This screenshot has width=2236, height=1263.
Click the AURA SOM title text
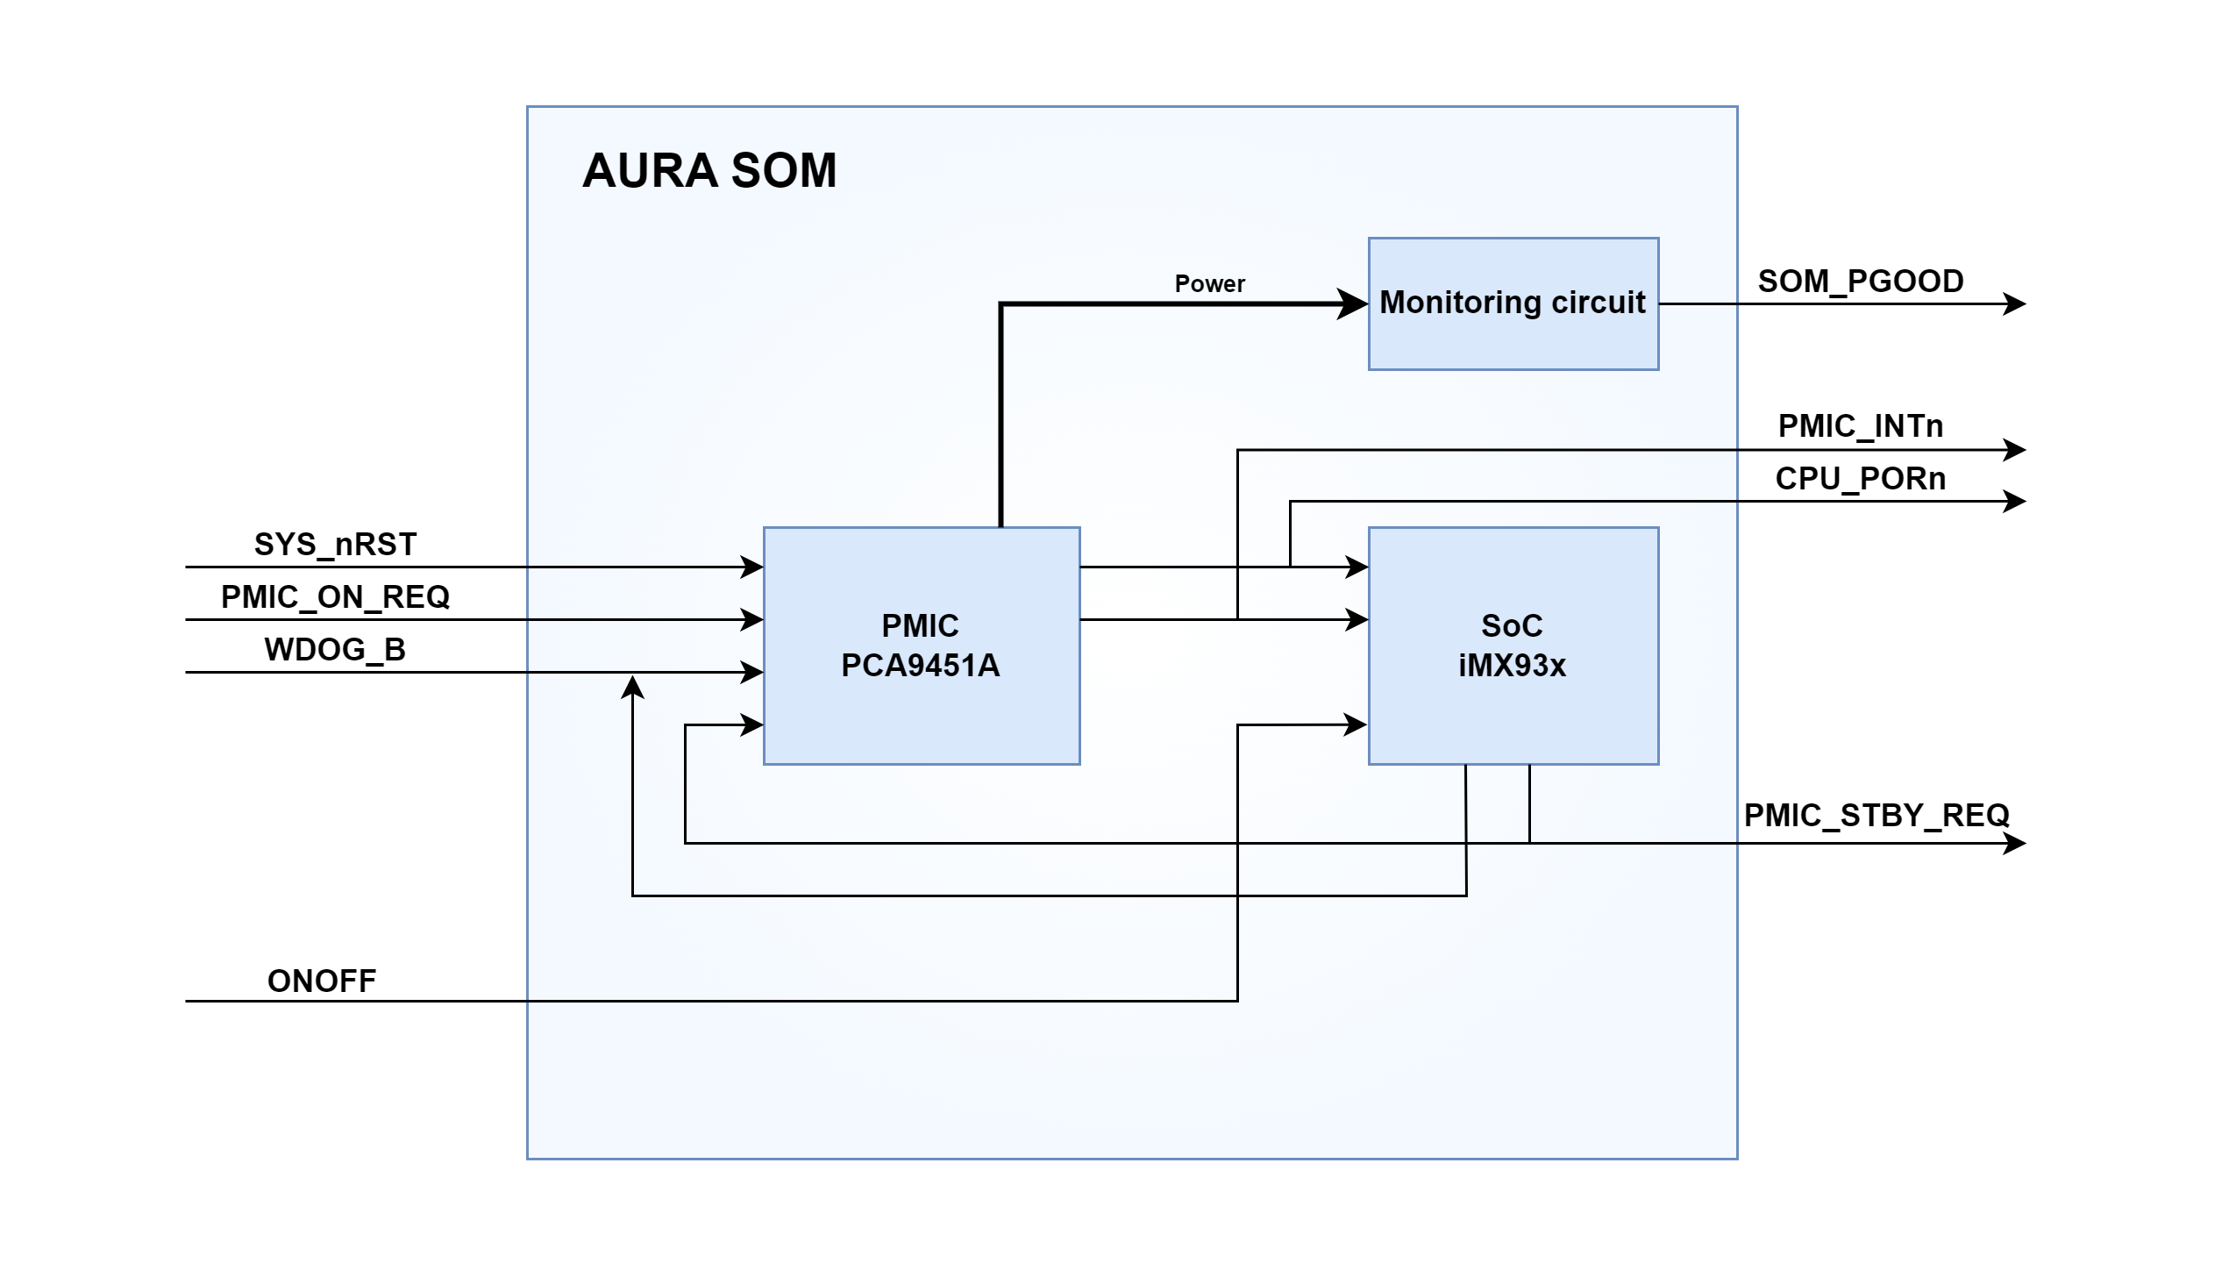pos(709,170)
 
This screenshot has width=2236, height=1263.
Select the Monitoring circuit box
pos(1513,303)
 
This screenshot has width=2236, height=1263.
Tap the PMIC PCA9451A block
pos(921,646)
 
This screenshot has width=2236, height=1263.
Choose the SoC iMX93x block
pos(1513,646)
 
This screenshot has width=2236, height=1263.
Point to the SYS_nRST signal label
pos(335,545)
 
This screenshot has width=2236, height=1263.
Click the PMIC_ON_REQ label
pos(335,597)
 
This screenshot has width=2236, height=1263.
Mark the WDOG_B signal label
pos(335,650)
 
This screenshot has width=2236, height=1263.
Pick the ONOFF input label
pos(322,981)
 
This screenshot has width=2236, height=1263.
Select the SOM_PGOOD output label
pos(1861,282)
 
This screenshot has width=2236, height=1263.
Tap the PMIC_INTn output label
pos(1861,426)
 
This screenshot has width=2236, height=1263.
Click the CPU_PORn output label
pos(1861,479)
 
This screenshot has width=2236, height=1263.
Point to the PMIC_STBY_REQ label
pos(1876,816)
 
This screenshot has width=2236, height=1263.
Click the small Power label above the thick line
pos(1209,284)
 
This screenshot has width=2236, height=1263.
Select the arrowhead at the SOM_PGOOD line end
pos(2015,304)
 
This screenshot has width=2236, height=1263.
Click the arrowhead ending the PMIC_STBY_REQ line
pos(2015,844)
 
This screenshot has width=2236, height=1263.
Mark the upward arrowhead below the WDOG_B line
pos(632,688)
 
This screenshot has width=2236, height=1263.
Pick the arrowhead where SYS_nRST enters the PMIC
pos(751,567)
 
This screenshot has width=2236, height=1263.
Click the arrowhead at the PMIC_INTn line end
pos(2015,450)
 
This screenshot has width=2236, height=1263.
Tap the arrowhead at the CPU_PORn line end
pos(2015,502)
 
